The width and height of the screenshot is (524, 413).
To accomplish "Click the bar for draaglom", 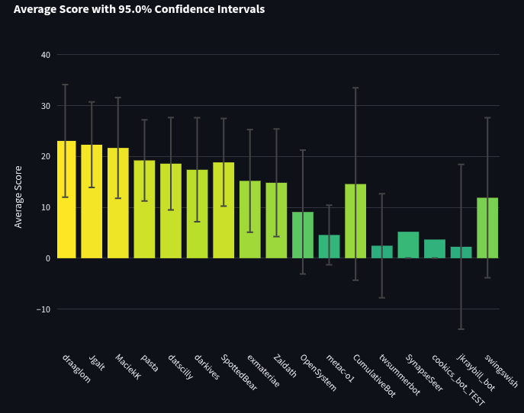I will point(66,200).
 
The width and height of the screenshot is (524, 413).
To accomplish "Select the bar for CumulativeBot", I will point(355,221).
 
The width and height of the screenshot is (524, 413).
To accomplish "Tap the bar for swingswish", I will point(487,228).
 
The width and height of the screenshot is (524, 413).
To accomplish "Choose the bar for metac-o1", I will point(329,246).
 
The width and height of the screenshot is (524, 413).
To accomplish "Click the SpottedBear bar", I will point(223,210).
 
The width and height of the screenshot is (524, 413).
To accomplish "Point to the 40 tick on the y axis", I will point(46,55).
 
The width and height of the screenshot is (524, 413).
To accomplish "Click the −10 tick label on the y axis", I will point(43,309).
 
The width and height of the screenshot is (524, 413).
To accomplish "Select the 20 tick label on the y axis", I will point(46,156).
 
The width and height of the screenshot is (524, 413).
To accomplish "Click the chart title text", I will point(140,10).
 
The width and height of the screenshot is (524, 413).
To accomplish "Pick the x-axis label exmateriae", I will point(263,371).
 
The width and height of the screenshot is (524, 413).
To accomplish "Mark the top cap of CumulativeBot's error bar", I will point(355,88).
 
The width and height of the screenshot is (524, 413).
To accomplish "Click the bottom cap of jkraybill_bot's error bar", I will point(461,329).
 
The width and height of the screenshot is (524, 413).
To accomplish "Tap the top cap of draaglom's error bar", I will point(66,85).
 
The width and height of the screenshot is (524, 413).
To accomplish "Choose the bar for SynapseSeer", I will point(408,245).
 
